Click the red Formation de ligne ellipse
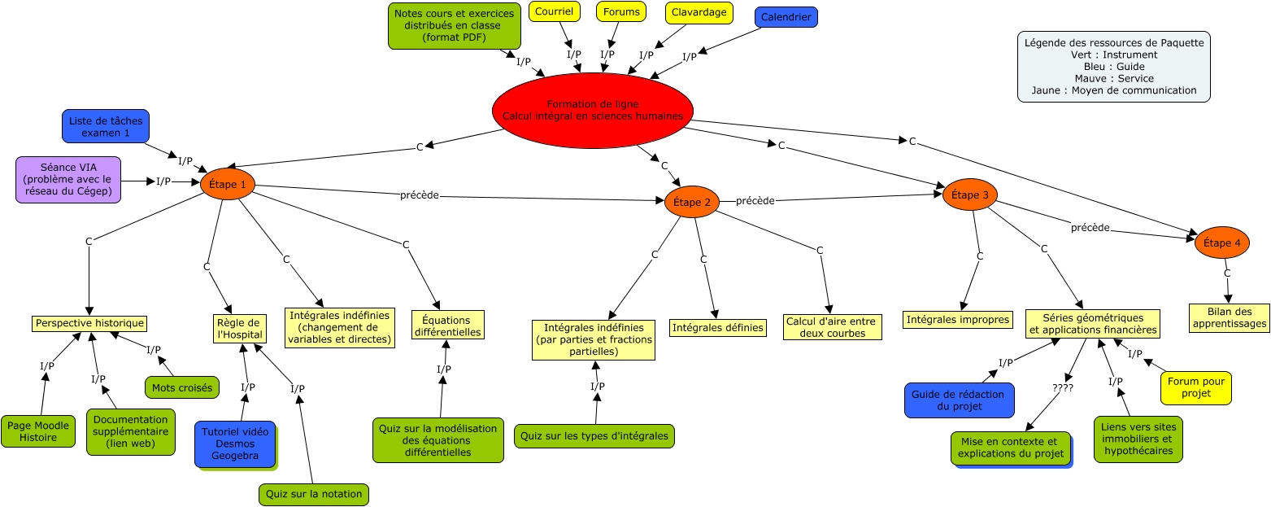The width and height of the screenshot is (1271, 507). pos(592,111)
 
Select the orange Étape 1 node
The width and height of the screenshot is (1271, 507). pos(228,185)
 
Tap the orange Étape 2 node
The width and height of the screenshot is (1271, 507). pos(691,202)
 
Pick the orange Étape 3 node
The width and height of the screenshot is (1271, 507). pos(969,194)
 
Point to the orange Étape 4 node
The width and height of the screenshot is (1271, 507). pos(1221,243)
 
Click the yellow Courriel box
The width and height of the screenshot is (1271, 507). pos(554,11)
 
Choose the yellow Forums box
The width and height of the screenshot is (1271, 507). pos(621,11)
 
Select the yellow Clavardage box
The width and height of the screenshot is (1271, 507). pos(698,12)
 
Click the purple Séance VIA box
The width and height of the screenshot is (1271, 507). pos(68,180)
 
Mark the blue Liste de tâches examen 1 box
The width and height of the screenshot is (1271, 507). pos(105,126)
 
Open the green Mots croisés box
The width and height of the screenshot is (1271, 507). pos(182,387)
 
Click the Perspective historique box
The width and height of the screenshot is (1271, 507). pos(89,323)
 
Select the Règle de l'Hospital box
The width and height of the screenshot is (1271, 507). pos(234,329)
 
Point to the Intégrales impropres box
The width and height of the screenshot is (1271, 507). pos(958,320)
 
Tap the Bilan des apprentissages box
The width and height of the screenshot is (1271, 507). pos(1228,317)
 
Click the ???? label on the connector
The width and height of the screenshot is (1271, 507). pos(1063,388)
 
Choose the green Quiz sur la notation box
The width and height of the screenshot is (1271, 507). pos(314,494)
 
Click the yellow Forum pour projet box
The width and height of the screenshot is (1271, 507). pos(1195,387)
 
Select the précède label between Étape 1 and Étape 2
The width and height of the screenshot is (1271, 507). pos(420,195)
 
